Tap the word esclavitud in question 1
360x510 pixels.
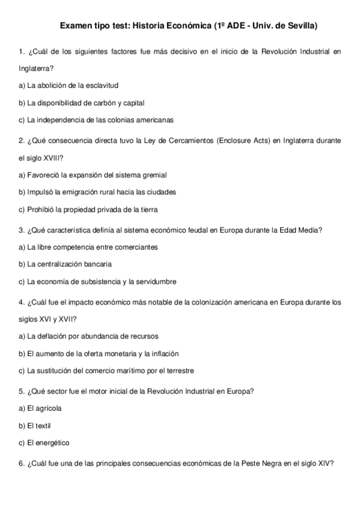tap(92, 85)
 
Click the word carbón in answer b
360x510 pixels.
tap(107, 103)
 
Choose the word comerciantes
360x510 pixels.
tap(133, 247)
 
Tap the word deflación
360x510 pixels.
tap(57, 336)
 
